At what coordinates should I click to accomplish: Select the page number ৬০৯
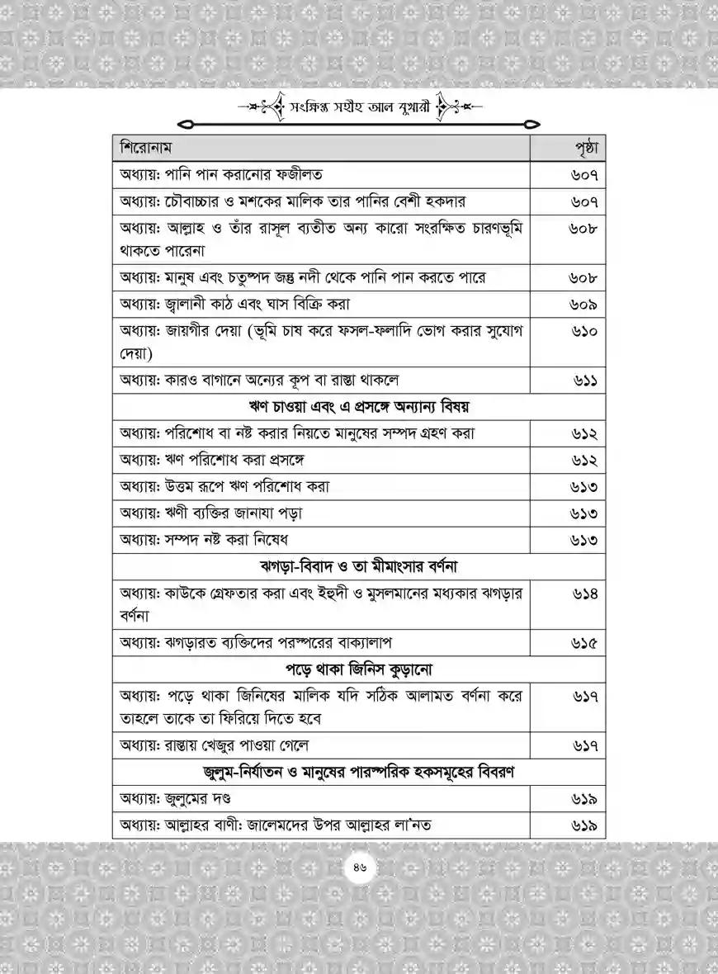[583, 305]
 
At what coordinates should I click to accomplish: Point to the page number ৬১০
[583, 332]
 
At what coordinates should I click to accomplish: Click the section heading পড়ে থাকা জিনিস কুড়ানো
[358, 668]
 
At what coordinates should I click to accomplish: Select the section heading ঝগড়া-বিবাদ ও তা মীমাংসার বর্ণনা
[358, 567]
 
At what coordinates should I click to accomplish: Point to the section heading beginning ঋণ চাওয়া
[358, 406]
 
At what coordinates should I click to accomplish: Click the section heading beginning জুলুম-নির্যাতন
[358, 773]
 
